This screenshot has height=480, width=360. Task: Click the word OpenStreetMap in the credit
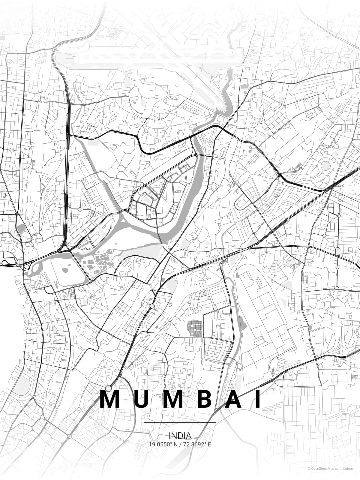(x=323, y=469)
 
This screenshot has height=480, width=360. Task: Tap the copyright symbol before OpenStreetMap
(x=309, y=469)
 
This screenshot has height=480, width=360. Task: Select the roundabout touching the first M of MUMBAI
(x=109, y=389)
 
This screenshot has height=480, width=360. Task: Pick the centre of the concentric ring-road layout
(x=325, y=165)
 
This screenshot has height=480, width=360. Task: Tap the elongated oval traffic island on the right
(x=338, y=251)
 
